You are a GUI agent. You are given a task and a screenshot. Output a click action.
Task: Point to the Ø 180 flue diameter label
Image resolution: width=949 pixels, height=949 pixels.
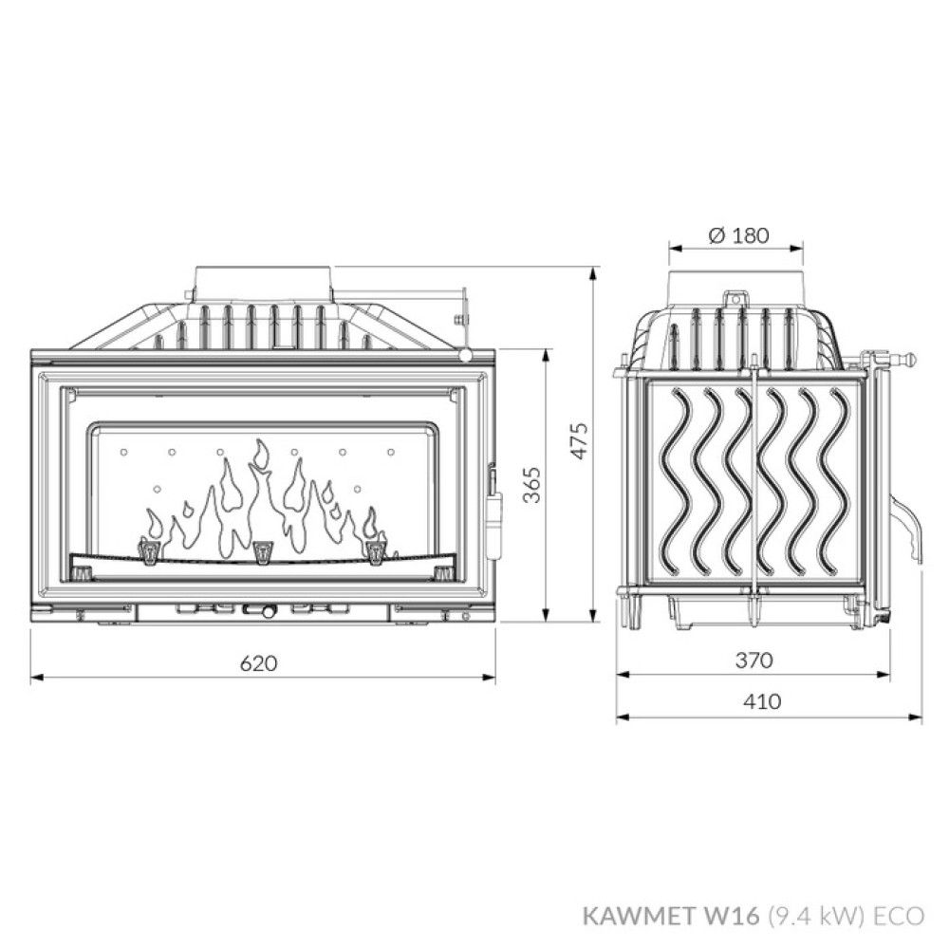tap(737, 234)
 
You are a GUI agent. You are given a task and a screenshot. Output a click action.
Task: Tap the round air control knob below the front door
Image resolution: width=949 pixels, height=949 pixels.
tap(268, 612)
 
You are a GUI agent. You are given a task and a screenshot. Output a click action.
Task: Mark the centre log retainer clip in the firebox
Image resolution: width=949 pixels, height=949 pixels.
tap(262, 549)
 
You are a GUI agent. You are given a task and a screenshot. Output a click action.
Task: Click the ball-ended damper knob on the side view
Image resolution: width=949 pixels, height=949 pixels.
tap(909, 360)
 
